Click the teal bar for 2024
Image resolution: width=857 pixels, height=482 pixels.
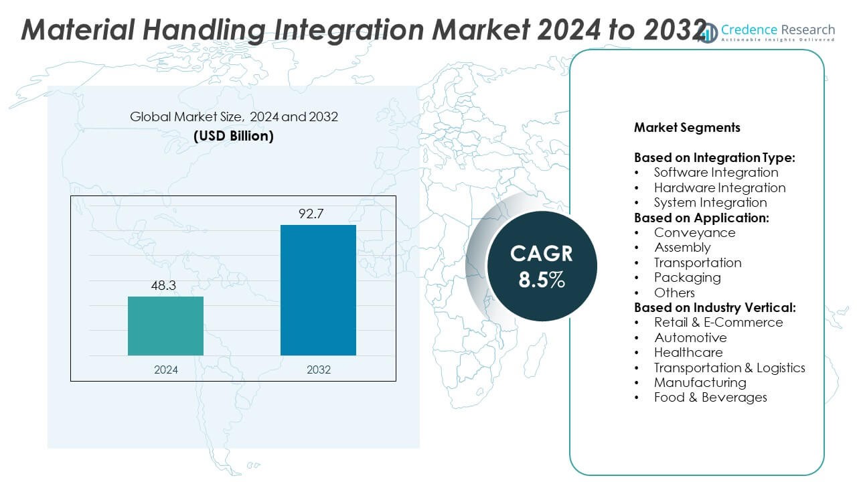pyautogui.click(x=165, y=326)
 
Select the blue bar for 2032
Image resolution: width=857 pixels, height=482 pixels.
pyautogui.click(x=318, y=290)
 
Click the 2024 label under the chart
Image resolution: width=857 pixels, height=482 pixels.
pyautogui.click(x=165, y=370)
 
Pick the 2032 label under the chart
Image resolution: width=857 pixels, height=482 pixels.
pyautogui.click(x=318, y=370)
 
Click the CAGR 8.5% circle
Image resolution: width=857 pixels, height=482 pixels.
pyautogui.click(x=542, y=266)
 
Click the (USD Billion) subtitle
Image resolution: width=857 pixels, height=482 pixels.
pyautogui.click(x=234, y=136)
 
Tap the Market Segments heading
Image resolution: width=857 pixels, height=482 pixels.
pyautogui.click(x=687, y=127)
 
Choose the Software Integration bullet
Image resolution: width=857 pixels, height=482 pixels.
pyautogui.click(x=716, y=173)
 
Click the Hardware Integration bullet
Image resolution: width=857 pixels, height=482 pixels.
pyautogui.click(x=720, y=187)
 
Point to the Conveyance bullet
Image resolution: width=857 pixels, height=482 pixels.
pyautogui.click(x=694, y=232)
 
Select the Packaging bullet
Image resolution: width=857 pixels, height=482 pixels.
pyautogui.click(x=687, y=277)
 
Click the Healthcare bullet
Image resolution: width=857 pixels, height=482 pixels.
pyautogui.click(x=688, y=352)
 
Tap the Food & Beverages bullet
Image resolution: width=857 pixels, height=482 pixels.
pyautogui.click(x=710, y=397)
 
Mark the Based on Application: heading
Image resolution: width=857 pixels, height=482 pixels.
pyautogui.click(x=701, y=218)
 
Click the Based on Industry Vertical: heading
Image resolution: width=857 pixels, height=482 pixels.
pyautogui.click(x=714, y=307)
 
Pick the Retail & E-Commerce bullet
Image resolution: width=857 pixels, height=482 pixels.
pyautogui.click(x=718, y=322)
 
